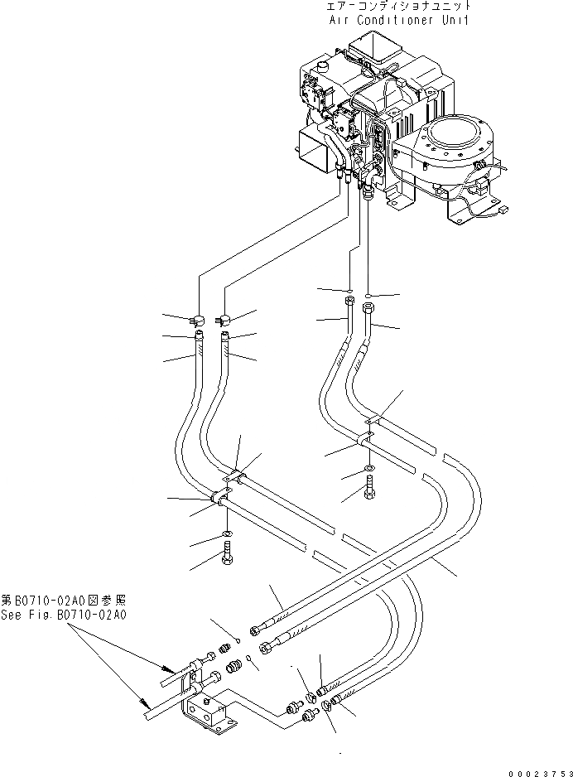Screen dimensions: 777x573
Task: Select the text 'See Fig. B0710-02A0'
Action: coord(64,615)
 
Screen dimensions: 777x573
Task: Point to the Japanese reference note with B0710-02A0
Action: coord(64,600)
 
